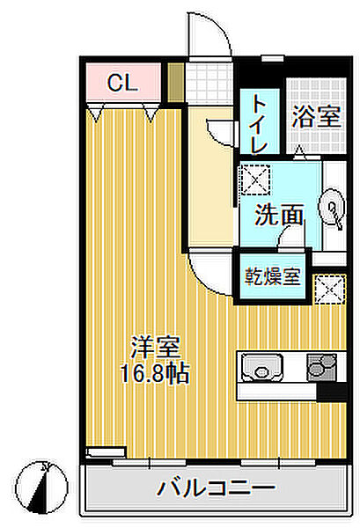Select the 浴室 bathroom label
tap(316, 117)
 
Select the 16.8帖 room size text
tap(155, 370)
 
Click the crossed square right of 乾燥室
tap(328, 288)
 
